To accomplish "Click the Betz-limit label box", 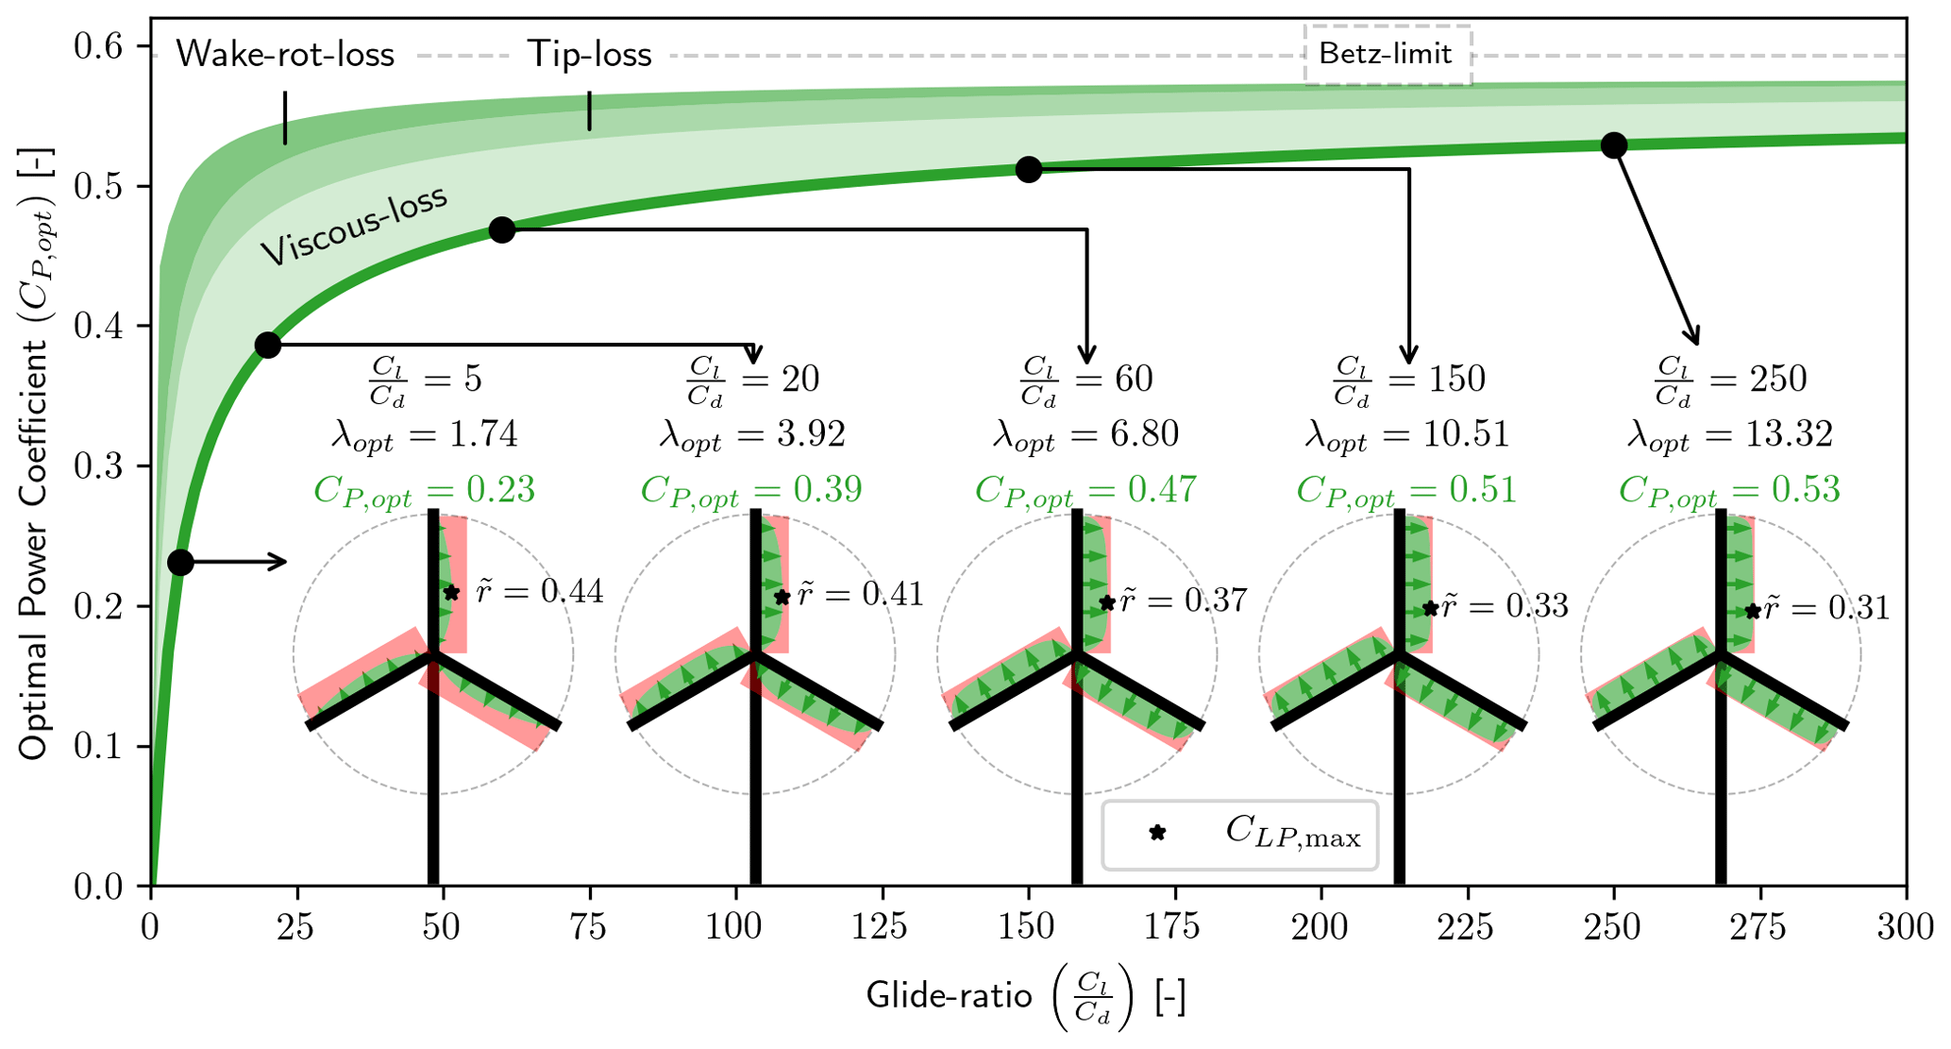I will pos(1386,54).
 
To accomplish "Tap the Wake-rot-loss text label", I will pos(285,54).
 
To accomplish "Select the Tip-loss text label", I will pos(589,54).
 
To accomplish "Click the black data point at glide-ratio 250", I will pos(1614,145).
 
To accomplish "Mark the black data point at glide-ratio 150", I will pos(1029,170).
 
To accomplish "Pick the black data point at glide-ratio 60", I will pos(502,229).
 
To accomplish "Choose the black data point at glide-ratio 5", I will pos(180,563).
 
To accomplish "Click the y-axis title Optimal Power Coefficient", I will pos(36,452).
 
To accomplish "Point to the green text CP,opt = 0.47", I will pos(1085,490).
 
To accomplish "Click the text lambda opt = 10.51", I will pos(1407,435).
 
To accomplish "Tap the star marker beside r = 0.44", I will pos(451,593).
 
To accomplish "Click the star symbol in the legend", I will pos(1157,833).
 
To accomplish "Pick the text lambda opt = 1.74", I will pos(424,435).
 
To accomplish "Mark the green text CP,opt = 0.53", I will pos(1729,490).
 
